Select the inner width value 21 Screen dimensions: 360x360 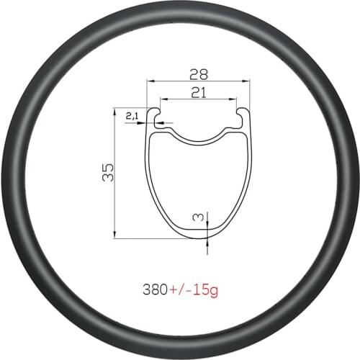pyautogui.click(x=199, y=91)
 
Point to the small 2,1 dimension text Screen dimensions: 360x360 pyautogui.click(x=132, y=115)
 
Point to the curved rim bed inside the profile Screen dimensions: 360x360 pyautogui.click(x=199, y=138)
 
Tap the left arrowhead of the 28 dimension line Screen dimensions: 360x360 pyautogui.click(x=150, y=82)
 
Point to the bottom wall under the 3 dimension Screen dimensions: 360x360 pyautogui.click(x=207, y=233)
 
